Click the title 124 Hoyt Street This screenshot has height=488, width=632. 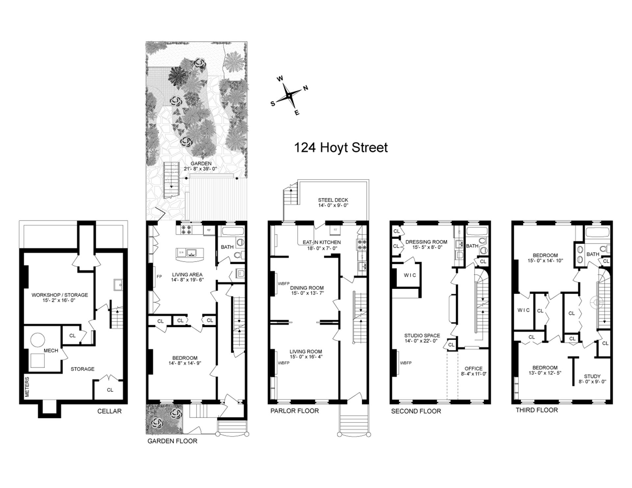341,148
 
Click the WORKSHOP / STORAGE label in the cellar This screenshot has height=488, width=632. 60,295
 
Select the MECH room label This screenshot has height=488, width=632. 51,351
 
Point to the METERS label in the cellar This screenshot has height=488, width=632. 27,387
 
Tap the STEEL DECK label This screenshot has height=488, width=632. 333,200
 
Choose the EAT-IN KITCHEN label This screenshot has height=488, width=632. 322,242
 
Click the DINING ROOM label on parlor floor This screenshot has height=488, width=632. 307,288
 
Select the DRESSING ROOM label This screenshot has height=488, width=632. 426,242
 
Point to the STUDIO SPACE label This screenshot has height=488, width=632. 422,335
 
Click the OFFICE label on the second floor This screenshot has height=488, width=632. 473,369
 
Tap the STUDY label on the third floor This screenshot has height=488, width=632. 592,376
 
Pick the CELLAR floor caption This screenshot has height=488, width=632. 109,411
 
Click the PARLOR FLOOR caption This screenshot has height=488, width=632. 295,411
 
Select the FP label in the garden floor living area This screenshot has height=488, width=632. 159,277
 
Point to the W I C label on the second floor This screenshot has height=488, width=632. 410,275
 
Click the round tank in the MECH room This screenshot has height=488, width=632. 37,339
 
